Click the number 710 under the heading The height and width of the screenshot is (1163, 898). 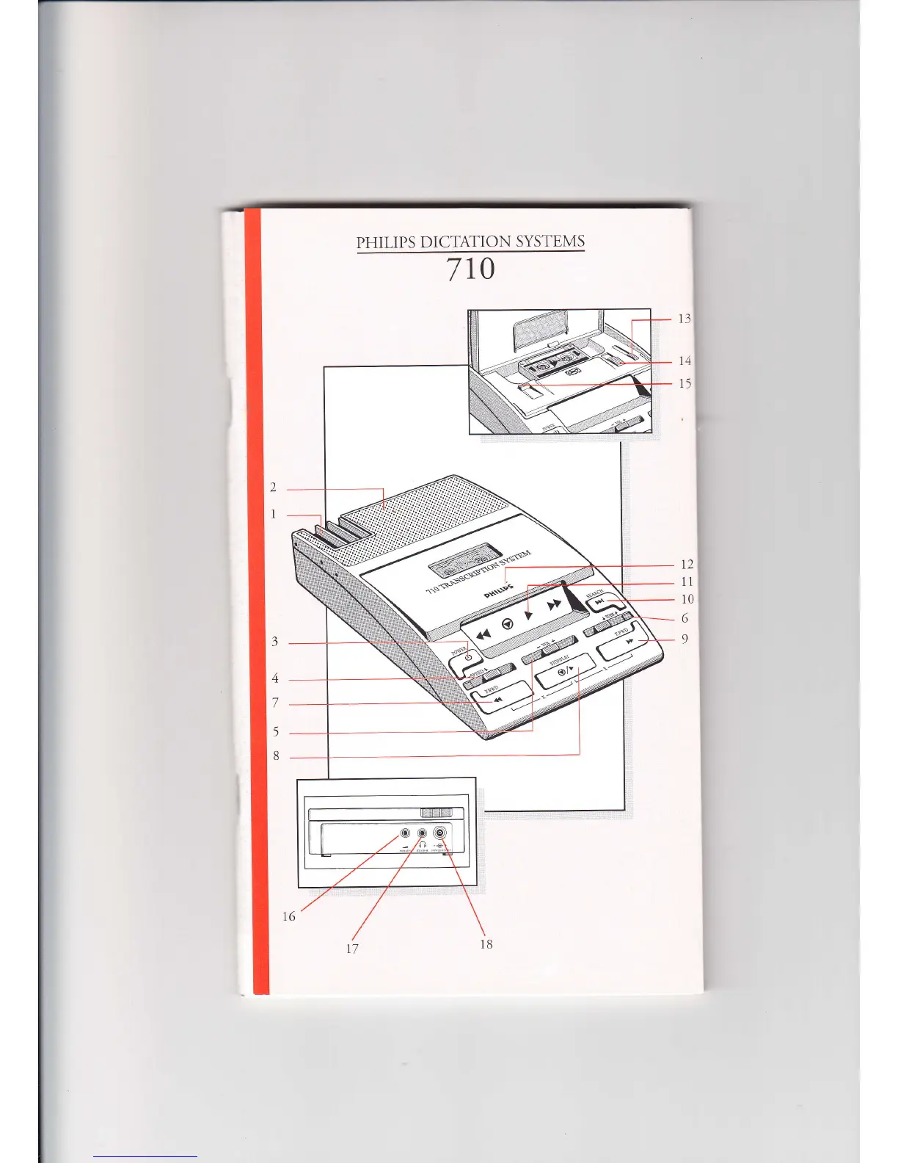(471, 269)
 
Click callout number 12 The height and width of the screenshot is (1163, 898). (687, 565)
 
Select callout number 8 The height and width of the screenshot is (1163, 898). (276, 756)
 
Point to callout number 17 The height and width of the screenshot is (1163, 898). (352, 949)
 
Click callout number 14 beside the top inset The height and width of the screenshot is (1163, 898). (685, 361)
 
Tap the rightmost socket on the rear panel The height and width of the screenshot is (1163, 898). (439, 833)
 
